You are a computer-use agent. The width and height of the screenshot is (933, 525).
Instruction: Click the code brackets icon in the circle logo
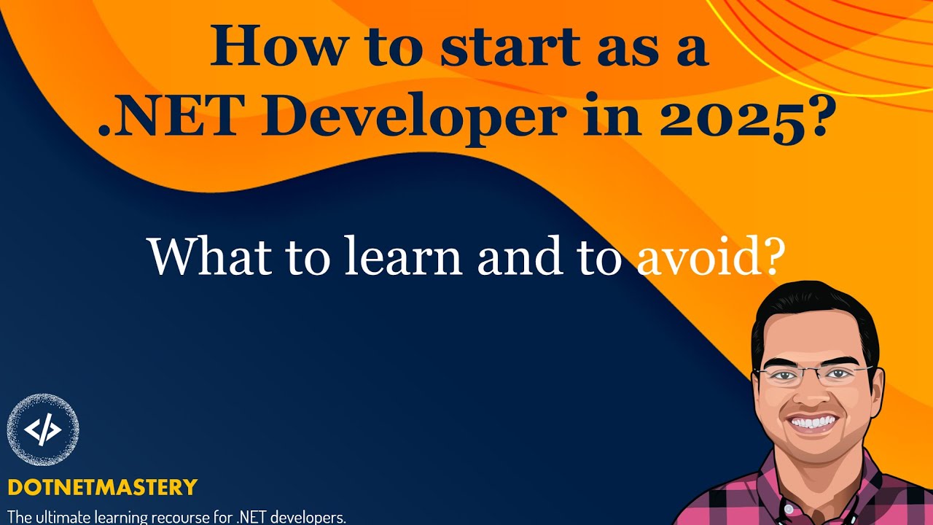point(43,429)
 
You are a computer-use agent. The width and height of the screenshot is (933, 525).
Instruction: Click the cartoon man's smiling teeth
point(813,422)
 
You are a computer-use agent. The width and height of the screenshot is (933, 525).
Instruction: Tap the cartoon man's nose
point(809,396)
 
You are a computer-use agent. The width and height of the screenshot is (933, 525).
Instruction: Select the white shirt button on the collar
point(787,509)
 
